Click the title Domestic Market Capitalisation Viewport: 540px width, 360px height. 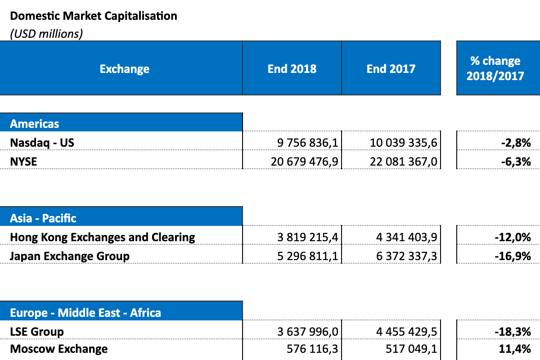[x=94, y=16]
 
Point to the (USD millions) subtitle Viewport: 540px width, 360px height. [x=46, y=34]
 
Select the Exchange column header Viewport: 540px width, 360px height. [x=124, y=69]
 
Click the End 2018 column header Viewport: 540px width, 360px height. [x=292, y=69]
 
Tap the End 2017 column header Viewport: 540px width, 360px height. [x=391, y=69]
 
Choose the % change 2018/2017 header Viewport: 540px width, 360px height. [x=495, y=68]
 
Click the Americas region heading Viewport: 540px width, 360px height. [x=35, y=124]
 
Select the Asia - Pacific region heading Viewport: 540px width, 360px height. [x=43, y=218]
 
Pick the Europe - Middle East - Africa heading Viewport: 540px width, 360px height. [x=85, y=312]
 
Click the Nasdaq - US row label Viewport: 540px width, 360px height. [x=42, y=143]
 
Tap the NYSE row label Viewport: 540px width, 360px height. [x=23, y=161]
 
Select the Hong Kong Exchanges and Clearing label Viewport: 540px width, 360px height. [x=103, y=237]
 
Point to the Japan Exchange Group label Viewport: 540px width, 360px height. [x=70, y=256]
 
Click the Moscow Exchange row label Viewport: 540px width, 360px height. [x=59, y=349]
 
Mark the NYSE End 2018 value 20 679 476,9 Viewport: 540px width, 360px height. [x=304, y=161]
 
